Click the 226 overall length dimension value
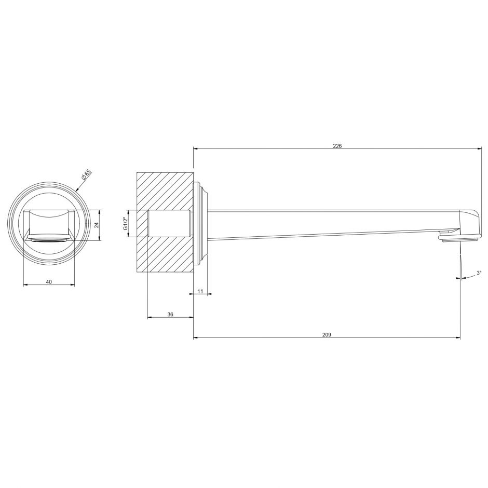[337, 146]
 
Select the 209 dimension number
[327, 334]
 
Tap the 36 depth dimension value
[170, 315]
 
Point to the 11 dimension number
[200, 292]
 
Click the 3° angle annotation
[478, 273]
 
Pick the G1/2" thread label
[125, 224]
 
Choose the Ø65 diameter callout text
[86, 175]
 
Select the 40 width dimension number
[49, 281]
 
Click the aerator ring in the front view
[48, 239]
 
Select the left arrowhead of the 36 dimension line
[150, 317]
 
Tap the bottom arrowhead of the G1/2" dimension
[128, 235]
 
